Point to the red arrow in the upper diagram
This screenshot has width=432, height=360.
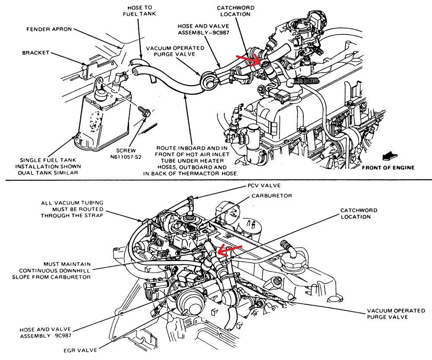click(249, 59)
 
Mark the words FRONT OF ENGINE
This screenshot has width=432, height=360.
click(388, 168)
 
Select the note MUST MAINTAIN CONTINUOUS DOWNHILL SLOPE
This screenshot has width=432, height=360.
click(67, 270)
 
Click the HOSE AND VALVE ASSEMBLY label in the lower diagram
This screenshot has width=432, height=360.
click(45, 332)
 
